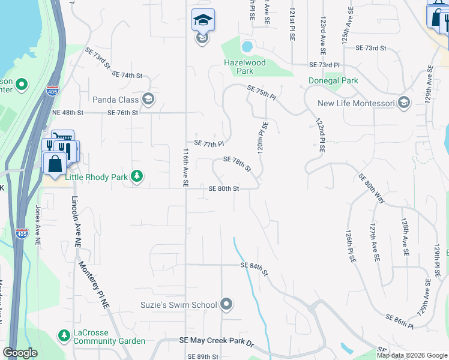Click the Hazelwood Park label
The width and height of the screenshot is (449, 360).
click(x=247, y=66)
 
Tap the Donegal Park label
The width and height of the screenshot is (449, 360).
click(x=333, y=80)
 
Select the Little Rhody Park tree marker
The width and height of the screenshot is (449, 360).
click(x=138, y=176)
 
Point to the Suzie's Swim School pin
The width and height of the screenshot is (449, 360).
click(x=226, y=305)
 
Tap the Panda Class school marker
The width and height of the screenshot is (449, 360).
click(x=148, y=100)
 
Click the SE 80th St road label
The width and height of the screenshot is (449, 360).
click(x=224, y=188)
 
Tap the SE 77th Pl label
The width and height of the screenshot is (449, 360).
click(x=209, y=144)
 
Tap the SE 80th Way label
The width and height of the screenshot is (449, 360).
click(x=372, y=187)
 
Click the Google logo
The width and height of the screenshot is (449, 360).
click(x=20, y=353)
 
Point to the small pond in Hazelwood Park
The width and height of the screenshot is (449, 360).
click(x=247, y=47)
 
